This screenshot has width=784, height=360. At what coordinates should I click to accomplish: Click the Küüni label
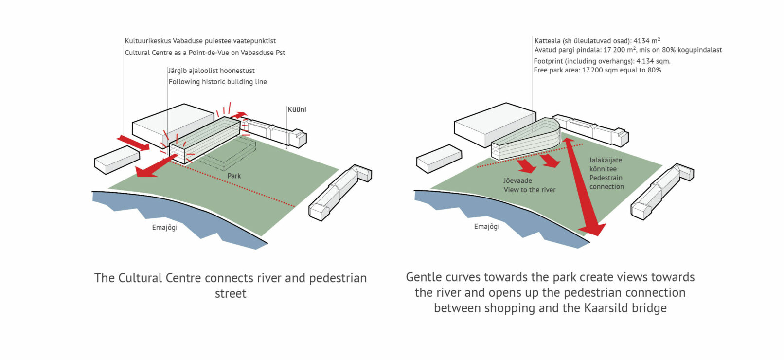(x=297, y=109)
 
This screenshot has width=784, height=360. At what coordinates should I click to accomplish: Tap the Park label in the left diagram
(x=234, y=176)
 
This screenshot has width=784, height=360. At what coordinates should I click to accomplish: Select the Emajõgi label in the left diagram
(x=164, y=227)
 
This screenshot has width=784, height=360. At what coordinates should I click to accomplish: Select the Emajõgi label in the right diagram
(x=486, y=226)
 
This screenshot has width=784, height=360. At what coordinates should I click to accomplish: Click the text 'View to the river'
(x=529, y=190)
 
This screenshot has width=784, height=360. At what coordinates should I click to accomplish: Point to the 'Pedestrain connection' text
(x=606, y=182)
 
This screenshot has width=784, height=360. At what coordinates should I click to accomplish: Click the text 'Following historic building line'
(x=217, y=82)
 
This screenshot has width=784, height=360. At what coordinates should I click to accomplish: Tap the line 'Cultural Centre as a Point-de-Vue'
(x=205, y=53)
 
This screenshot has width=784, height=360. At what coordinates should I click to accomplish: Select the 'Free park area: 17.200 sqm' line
(x=597, y=70)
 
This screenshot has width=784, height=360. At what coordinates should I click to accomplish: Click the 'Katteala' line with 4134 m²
(x=597, y=41)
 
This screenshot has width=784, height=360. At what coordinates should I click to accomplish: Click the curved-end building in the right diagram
(x=528, y=139)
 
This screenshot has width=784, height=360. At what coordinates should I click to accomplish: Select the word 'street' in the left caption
(x=231, y=293)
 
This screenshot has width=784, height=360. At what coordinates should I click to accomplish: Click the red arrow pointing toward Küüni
(x=238, y=116)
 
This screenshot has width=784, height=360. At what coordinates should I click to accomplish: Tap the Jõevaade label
(x=517, y=180)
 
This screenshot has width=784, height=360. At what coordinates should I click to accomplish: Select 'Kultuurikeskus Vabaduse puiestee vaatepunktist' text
(x=200, y=41)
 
